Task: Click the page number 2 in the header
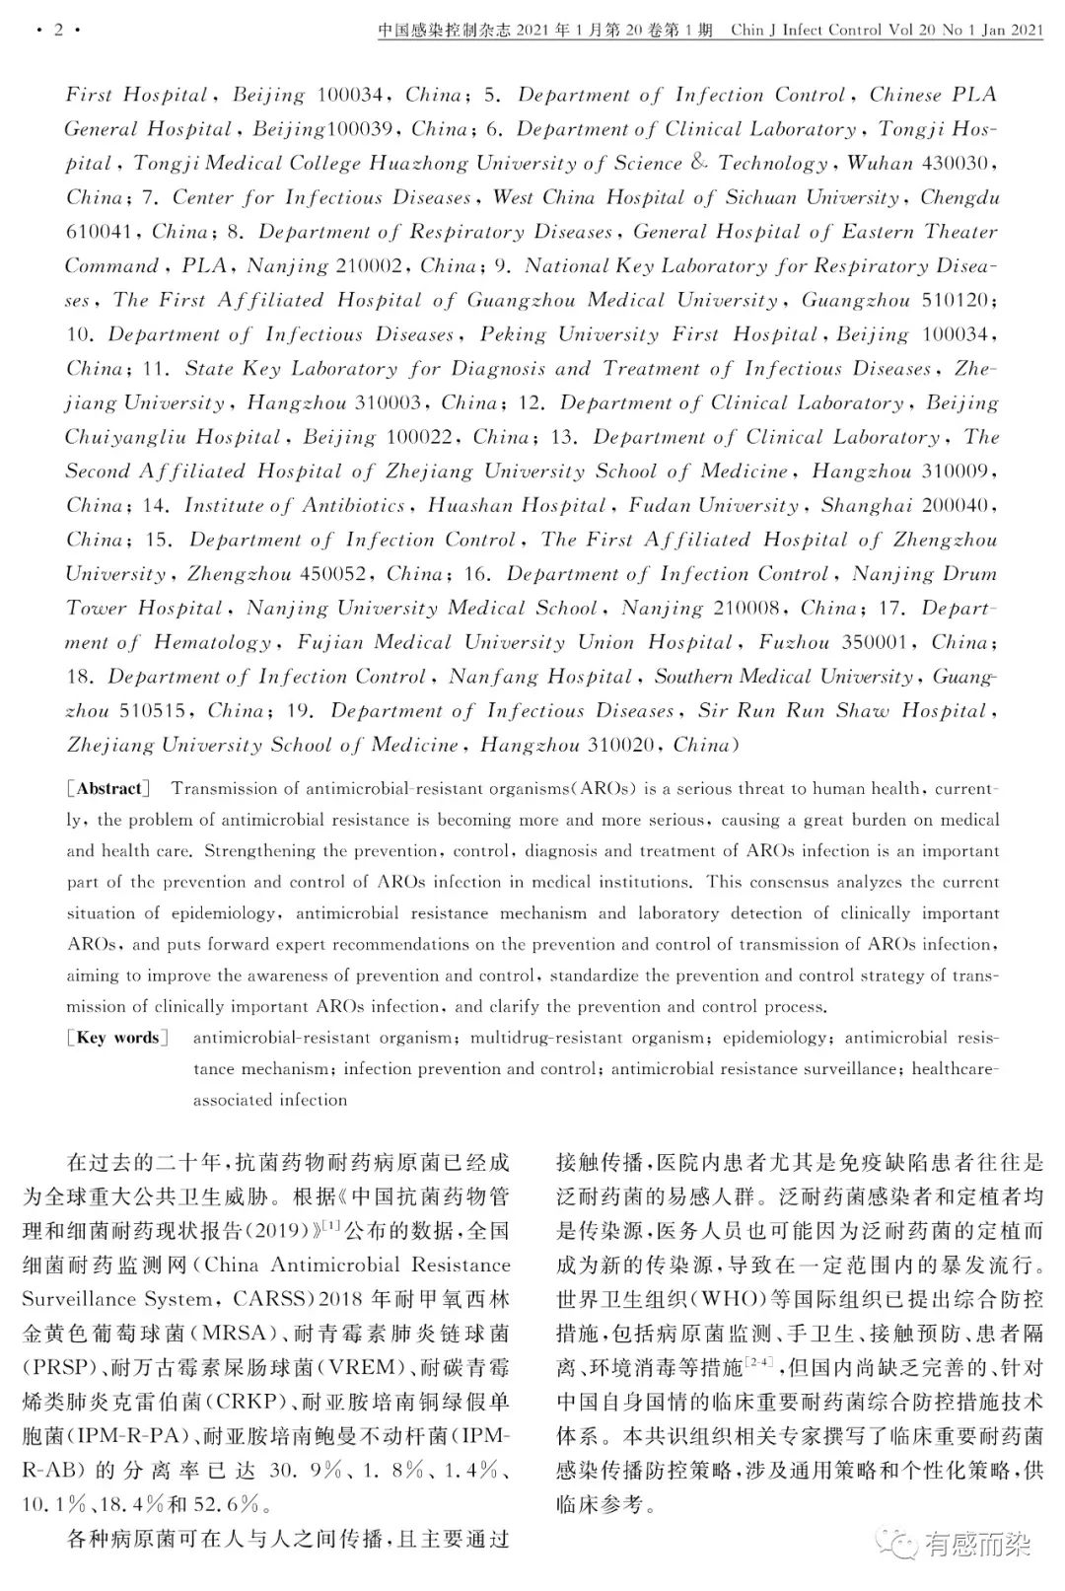pos(58,30)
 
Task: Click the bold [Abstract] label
pos(108,788)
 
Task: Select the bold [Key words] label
pos(116,1038)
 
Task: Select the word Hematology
pos(212,643)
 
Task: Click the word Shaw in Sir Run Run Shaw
pos(863,711)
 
